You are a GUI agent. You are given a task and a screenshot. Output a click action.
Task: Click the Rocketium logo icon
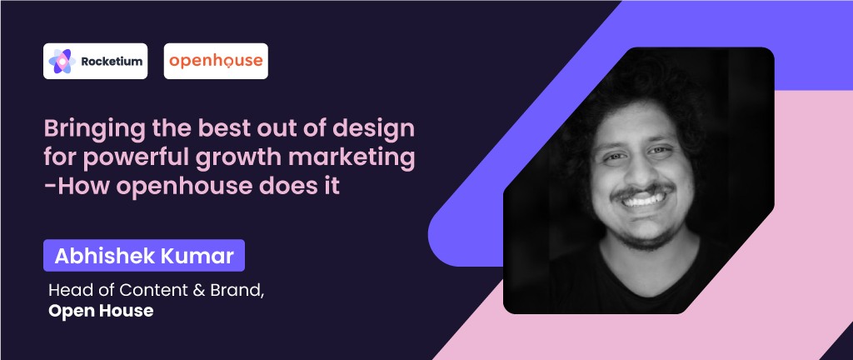[x=62, y=61]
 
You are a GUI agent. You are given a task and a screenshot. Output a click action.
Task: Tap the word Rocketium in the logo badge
[x=112, y=62]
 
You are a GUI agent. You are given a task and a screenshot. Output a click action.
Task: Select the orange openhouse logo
[x=216, y=61]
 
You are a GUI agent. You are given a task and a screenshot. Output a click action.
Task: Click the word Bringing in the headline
[x=95, y=130]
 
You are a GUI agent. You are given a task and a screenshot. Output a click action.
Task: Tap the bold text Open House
[x=101, y=311]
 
